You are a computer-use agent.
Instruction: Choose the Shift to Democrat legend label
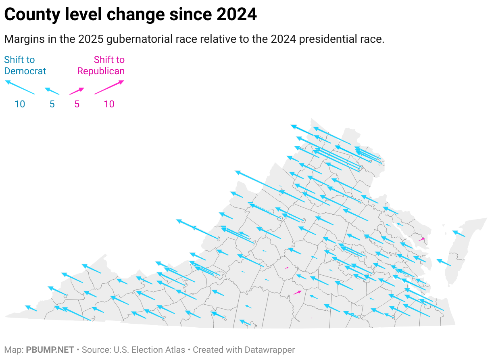25,65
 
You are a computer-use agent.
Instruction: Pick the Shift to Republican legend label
101,65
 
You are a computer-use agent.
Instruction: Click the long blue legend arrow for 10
20,87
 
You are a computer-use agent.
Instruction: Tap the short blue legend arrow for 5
52,91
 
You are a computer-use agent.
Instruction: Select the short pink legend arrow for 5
77,91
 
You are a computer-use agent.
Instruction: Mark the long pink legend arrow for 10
109,87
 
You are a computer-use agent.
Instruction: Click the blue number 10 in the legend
20,104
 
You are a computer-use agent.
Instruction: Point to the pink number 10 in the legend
109,104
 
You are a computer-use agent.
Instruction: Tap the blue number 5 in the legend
52,104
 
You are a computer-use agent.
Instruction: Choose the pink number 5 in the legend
77,104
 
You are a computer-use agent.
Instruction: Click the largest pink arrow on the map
297,292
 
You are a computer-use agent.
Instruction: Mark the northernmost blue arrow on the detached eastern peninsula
459,233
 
